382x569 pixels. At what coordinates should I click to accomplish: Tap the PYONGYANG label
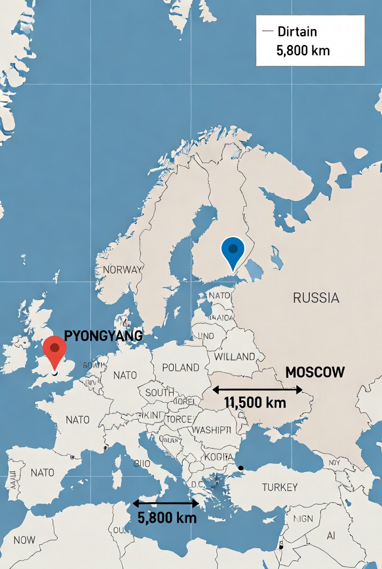coord(103,336)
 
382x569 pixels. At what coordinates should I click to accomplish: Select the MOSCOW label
coord(315,372)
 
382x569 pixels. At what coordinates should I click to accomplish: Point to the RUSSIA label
coord(316,298)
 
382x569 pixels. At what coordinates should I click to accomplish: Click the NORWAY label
coord(122,269)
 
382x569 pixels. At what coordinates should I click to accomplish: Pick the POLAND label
coord(180,367)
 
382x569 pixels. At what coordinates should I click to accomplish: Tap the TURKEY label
coord(279,487)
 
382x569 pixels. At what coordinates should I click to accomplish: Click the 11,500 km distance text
coord(255,403)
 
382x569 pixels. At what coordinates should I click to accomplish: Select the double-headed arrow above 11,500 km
coord(257,389)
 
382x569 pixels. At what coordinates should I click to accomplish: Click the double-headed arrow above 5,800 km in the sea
coord(166,504)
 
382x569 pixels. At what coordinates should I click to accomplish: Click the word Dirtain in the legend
coord(297,32)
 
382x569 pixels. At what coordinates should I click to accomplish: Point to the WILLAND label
coord(234,357)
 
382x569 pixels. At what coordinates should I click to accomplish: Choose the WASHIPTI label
coord(211,430)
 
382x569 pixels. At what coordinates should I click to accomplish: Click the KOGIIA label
coord(219,457)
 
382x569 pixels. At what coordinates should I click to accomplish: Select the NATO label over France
coord(77,419)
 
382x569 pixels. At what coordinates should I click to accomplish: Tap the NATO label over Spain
coord(42,472)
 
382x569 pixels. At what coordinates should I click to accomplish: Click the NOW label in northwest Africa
coord(24,540)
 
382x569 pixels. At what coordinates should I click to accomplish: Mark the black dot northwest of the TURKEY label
coord(240,468)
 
